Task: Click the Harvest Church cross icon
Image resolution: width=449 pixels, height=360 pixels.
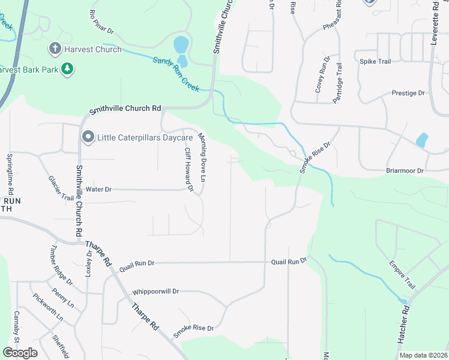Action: (55, 49)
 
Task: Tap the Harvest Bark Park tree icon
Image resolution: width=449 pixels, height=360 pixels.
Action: (68, 70)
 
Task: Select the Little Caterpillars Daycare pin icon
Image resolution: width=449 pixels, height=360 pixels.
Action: (88, 138)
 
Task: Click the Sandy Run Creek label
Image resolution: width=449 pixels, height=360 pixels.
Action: (175, 74)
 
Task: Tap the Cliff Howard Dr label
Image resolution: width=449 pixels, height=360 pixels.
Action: (189, 170)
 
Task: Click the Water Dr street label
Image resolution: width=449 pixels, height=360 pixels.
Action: (99, 189)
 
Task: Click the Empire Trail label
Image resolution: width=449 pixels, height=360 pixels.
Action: (402, 275)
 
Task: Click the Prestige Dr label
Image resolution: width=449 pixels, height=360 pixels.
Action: (408, 93)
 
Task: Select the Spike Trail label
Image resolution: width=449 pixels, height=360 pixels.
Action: (375, 61)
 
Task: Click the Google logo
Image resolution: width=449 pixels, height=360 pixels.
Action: (20, 353)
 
